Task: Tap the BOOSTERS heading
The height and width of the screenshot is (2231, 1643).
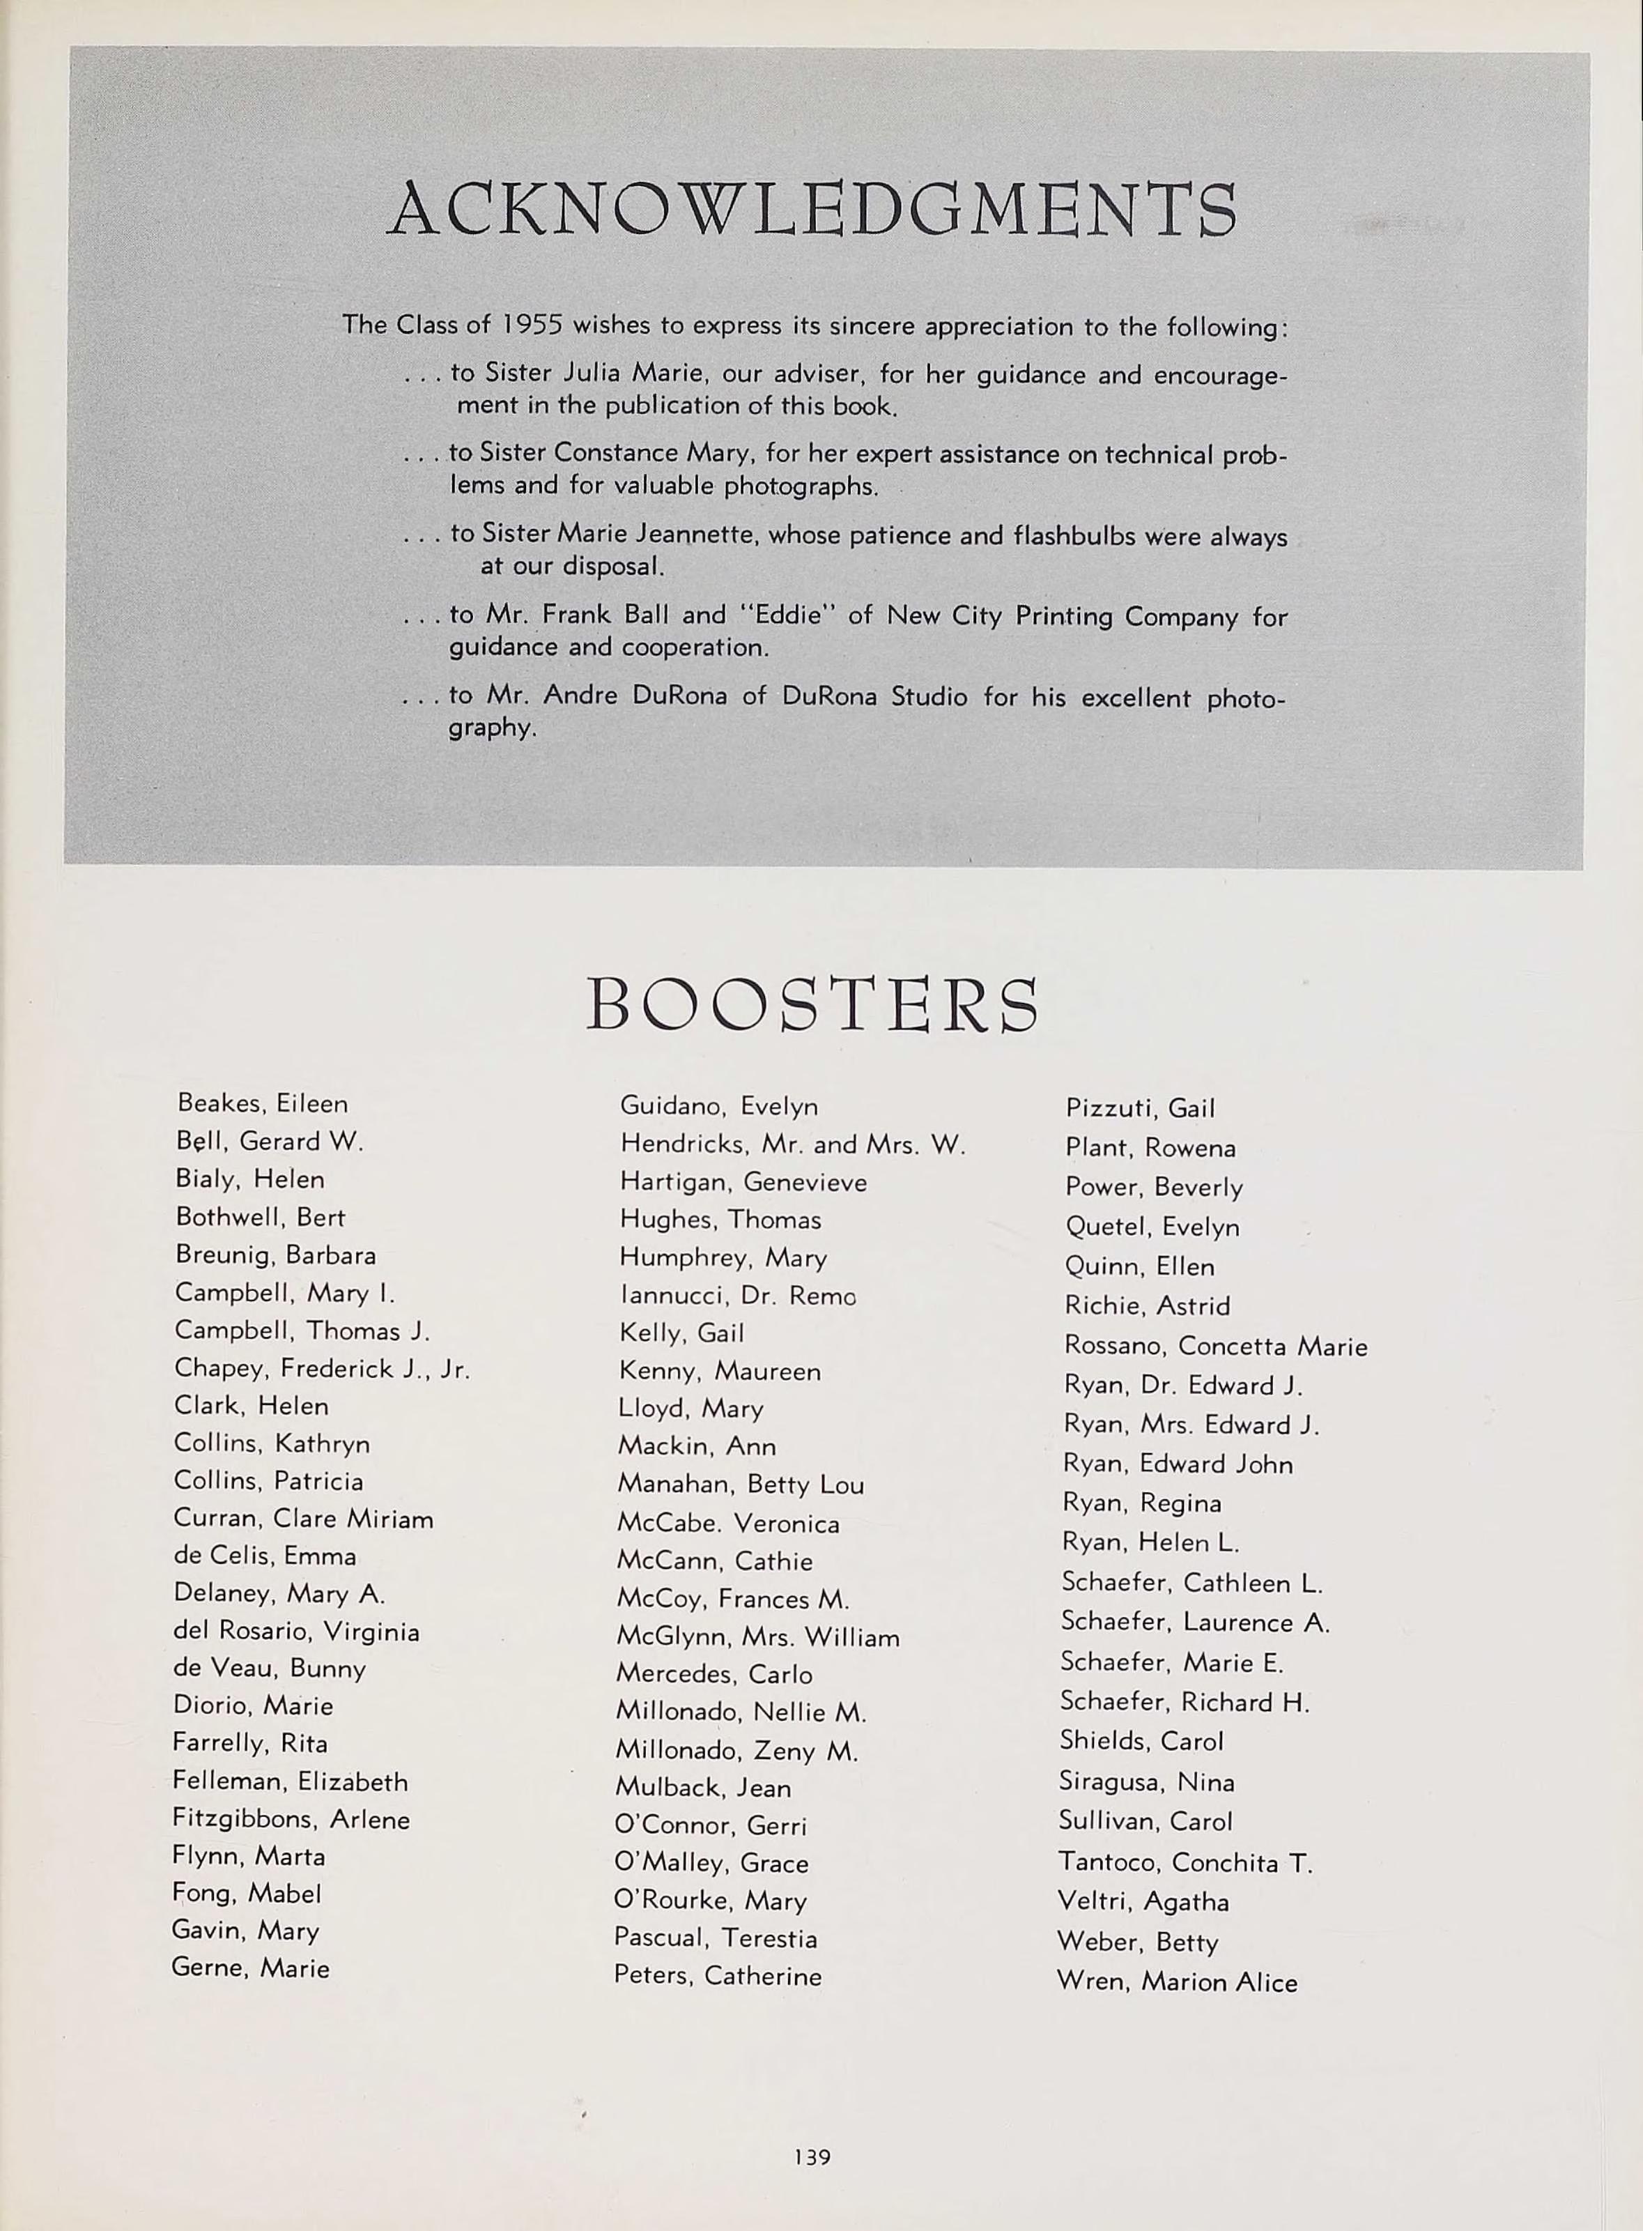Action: click(812, 1004)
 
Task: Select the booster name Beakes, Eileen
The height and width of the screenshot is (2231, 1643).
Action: click(263, 1103)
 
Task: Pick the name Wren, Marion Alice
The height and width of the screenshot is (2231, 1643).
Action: click(1177, 1982)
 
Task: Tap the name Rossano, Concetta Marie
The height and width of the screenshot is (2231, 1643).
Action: click(1215, 1346)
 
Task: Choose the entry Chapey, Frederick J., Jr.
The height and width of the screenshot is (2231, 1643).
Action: click(321, 1369)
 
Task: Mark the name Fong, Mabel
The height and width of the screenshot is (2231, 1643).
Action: click(247, 1893)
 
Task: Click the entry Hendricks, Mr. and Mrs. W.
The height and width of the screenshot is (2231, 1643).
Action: click(793, 1144)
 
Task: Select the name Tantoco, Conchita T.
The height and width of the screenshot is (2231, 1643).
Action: click(1185, 1862)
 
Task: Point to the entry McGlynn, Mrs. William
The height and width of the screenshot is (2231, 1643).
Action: click(758, 1637)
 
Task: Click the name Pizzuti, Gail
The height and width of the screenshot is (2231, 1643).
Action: click(1140, 1108)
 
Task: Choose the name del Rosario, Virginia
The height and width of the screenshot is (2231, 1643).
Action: click(296, 1631)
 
